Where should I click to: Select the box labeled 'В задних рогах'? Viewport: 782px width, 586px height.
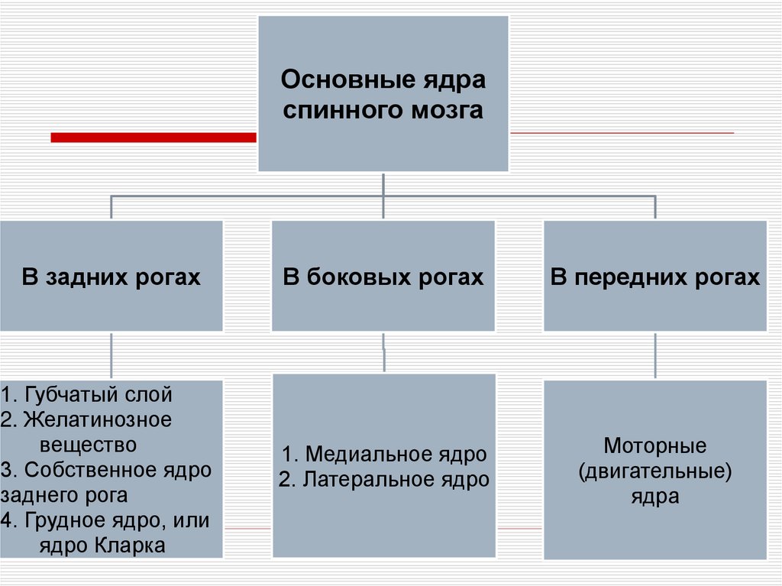click(111, 276)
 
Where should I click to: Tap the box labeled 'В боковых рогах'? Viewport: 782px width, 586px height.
click(383, 276)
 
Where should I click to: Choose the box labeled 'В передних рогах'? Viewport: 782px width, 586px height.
click(654, 276)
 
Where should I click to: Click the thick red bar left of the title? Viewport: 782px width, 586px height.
click(153, 138)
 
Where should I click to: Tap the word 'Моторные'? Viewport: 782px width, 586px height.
click(654, 445)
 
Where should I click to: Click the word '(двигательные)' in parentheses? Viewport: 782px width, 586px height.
click(654, 471)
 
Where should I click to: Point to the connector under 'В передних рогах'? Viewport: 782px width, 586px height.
click(654, 356)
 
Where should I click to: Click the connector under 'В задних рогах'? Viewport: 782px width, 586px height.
click(111, 356)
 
